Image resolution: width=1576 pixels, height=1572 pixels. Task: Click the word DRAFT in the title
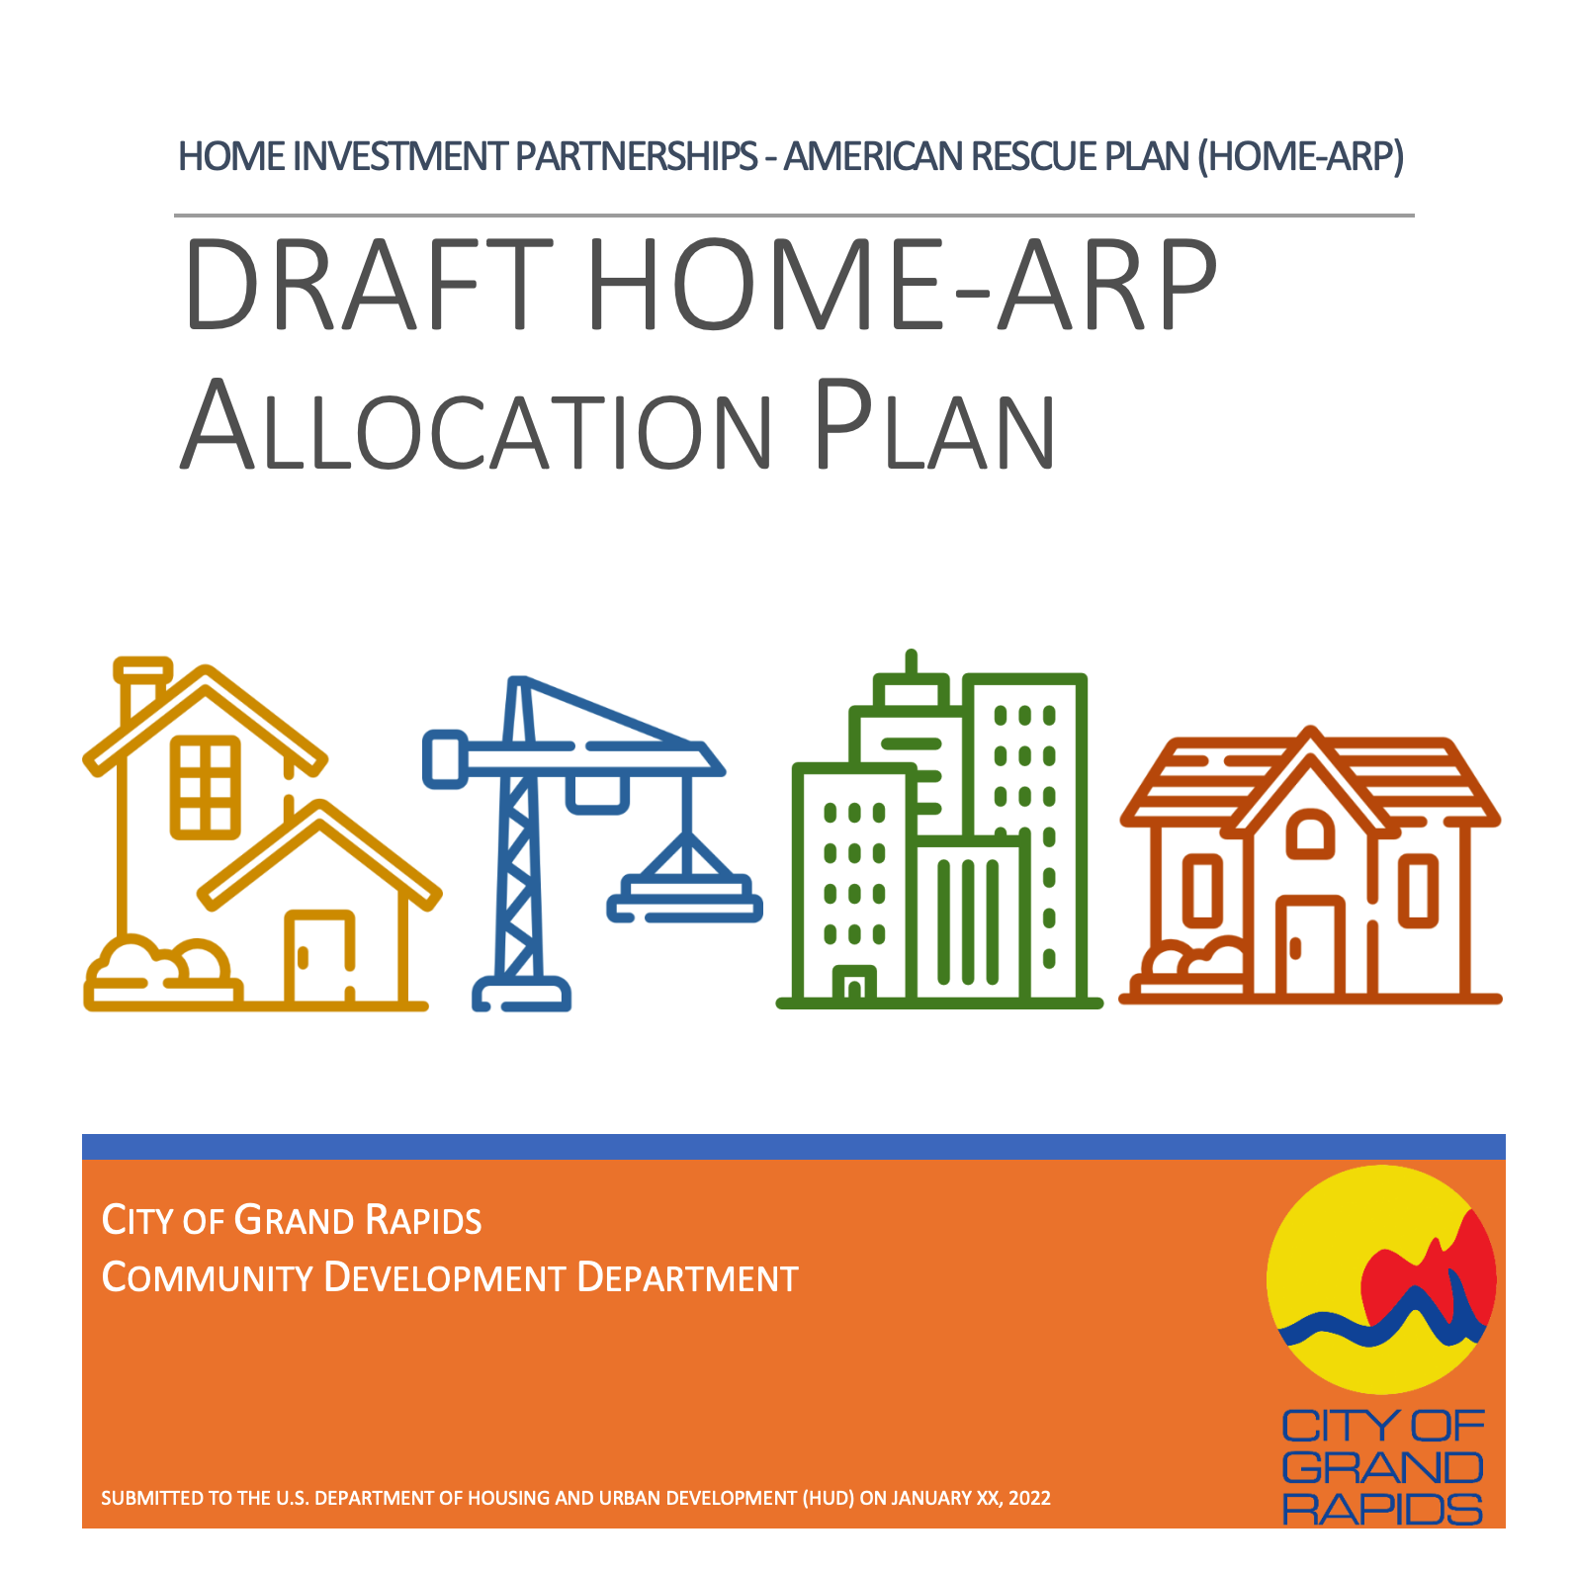[368, 285]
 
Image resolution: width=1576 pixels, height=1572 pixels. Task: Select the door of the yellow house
[319, 955]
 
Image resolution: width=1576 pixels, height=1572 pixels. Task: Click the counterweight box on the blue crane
[445, 759]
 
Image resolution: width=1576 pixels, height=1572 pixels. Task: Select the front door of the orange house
[1310, 946]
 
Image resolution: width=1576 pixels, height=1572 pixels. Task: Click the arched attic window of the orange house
[1311, 832]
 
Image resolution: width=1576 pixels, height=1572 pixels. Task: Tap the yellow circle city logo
[1381, 1278]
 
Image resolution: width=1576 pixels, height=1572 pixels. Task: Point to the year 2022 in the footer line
[1029, 1498]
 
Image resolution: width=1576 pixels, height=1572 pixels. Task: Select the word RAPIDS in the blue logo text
[1382, 1509]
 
